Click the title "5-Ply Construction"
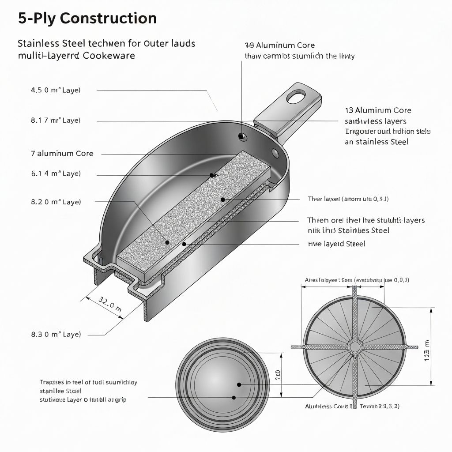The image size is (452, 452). (x=87, y=19)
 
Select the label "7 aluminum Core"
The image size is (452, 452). (x=62, y=154)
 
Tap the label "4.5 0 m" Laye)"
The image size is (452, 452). (x=56, y=90)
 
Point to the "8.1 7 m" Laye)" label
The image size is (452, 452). (x=56, y=120)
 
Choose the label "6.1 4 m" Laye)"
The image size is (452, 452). (x=56, y=174)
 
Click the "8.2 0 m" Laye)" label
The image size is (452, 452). (x=56, y=202)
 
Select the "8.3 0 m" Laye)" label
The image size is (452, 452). (x=56, y=334)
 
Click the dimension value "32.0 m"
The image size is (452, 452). (x=109, y=305)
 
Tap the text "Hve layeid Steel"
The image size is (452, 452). (x=336, y=244)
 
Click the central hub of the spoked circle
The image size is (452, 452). (x=355, y=346)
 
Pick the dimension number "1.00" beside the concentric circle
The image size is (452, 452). (x=278, y=375)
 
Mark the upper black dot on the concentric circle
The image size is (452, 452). (x=239, y=385)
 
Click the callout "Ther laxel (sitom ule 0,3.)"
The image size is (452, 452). (x=348, y=199)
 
